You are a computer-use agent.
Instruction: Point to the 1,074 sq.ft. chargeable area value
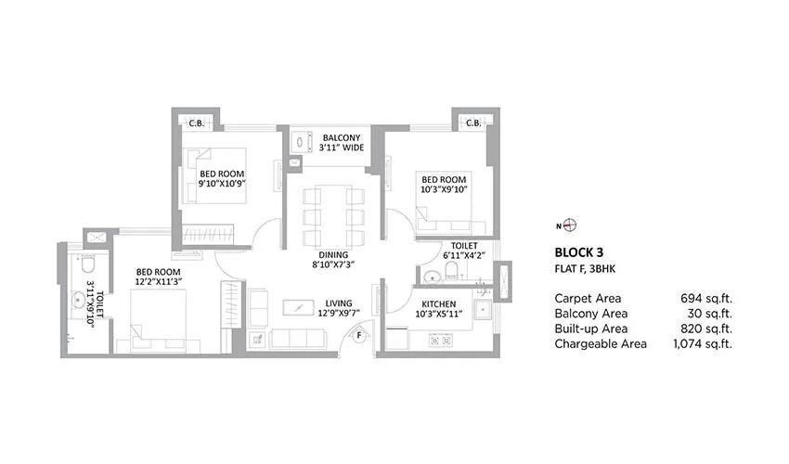pos(701,343)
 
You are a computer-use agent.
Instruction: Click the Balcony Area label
pos(590,314)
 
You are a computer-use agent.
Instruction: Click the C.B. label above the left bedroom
pos(197,122)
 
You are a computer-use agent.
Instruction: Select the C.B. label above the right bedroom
pos(472,122)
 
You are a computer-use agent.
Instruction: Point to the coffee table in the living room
pos(298,306)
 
